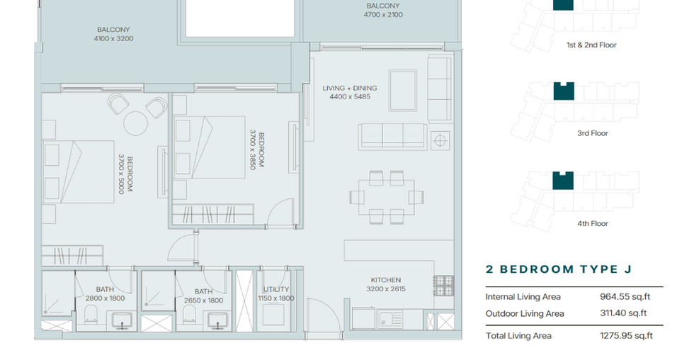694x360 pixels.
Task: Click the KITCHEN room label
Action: pyautogui.click(x=385, y=280)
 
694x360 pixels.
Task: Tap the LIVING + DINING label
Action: pyautogui.click(x=350, y=88)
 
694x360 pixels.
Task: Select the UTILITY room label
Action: pyautogui.click(x=275, y=289)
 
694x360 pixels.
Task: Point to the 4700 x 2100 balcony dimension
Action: pyautogui.click(x=383, y=15)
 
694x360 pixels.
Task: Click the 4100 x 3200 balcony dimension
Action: pyautogui.click(x=113, y=38)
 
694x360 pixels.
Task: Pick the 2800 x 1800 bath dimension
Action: pyautogui.click(x=105, y=298)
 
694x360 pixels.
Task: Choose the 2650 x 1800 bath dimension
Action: pyautogui.click(x=203, y=300)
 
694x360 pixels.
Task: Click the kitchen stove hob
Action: pyautogui.click(x=443, y=286)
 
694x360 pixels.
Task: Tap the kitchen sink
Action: pyautogui.click(x=389, y=318)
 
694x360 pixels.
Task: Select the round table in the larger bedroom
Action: pyautogui.click(x=135, y=123)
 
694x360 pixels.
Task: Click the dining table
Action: pyautogui.click(x=387, y=196)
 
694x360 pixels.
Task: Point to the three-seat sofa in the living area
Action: pyautogui.click(x=392, y=136)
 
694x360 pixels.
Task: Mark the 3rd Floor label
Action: pyautogui.click(x=592, y=133)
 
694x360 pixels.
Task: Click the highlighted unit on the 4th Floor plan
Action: pyautogui.click(x=563, y=181)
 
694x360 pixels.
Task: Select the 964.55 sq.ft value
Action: pyautogui.click(x=625, y=297)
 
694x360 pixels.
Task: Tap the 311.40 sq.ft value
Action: pyautogui.click(x=623, y=313)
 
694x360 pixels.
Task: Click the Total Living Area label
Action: pyautogui.click(x=518, y=336)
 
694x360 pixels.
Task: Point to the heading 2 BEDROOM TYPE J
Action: pyautogui.click(x=559, y=269)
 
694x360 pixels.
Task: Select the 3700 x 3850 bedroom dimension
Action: pyautogui.click(x=257, y=150)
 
